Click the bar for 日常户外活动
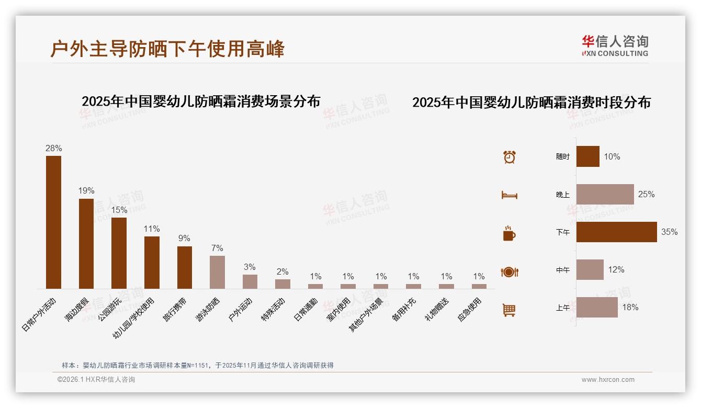click(x=53, y=222)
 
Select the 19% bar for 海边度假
click(x=86, y=243)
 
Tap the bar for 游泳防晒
click(x=217, y=272)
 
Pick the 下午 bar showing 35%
click(x=616, y=232)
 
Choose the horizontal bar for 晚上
click(x=605, y=194)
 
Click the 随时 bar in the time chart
click(x=587, y=156)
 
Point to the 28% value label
click(x=53, y=148)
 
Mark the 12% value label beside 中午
click(x=616, y=269)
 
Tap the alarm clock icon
click(x=509, y=156)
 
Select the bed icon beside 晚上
click(x=509, y=195)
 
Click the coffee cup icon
click(x=509, y=233)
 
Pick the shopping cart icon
click(x=509, y=310)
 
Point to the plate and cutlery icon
click(x=509, y=272)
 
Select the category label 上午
click(x=562, y=308)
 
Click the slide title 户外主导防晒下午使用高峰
click(x=167, y=49)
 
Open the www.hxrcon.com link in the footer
click(x=607, y=380)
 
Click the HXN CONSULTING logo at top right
click(x=615, y=46)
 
